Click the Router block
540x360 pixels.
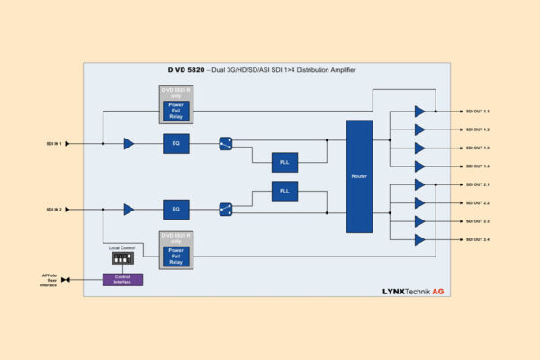click(359, 176)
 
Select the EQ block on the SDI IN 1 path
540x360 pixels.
click(176, 143)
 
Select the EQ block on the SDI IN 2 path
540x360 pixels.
click(176, 209)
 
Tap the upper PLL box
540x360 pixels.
click(284, 162)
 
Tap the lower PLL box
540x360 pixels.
click(284, 191)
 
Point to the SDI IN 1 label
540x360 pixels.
click(55, 143)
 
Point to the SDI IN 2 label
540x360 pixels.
click(55, 209)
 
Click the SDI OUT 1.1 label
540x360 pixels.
click(477, 112)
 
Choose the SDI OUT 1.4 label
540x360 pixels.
click(477, 166)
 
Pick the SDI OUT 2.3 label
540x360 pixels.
click(477, 221)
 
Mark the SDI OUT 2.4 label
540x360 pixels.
click(477, 239)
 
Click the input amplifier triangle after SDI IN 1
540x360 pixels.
click(130, 143)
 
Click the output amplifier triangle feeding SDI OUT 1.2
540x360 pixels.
click(419, 130)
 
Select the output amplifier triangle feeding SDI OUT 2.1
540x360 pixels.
click(419, 184)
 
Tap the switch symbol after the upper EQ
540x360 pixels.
click(226, 143)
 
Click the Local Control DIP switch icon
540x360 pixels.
click(121, 257)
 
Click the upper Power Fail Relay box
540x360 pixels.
click(176, 109)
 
